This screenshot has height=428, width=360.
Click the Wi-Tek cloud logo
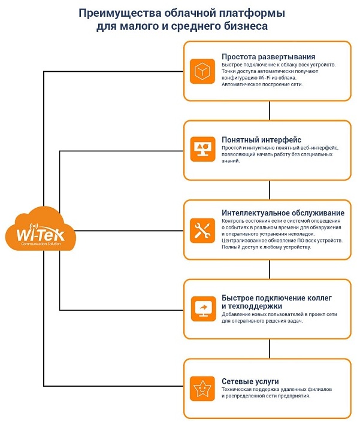[40, 229]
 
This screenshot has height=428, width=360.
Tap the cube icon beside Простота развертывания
[202, 71]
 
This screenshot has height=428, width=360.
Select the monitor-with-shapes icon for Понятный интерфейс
[202, 149]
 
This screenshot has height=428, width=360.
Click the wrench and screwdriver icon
[202, 230]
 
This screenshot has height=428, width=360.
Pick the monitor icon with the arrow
[203, 309]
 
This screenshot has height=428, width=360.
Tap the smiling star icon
[202, 388]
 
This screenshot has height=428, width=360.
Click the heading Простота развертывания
[268, 57]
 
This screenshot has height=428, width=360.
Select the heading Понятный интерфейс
[261, 139]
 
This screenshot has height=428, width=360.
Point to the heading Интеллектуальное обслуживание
[283, 213]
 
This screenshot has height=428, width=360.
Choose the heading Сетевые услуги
[250, 381]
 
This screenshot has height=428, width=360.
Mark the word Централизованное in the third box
[242, 241]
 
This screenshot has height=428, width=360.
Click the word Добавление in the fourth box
[234, 314]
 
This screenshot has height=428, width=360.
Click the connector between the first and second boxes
[270, 111]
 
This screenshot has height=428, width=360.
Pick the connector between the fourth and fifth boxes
[270, 349]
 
